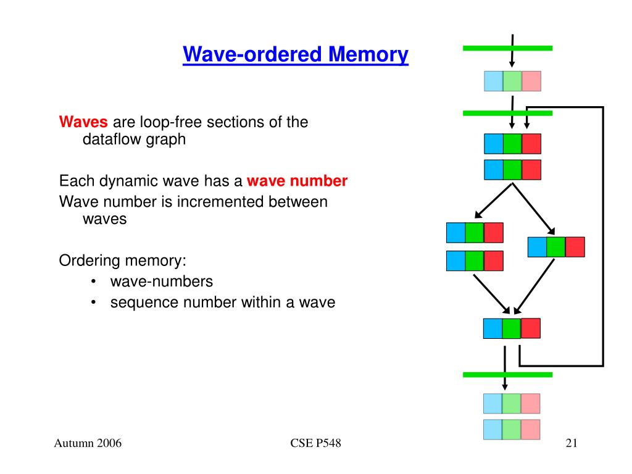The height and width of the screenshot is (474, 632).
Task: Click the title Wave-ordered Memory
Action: [296, 54]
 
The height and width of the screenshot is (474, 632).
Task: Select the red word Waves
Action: [83, 122]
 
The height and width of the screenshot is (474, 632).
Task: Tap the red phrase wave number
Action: [297, 181]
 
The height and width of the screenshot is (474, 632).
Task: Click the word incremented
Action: [220, 202]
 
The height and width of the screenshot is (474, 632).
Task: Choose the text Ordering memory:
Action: [123, 260]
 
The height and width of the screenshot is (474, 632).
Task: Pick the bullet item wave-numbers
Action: [162, 281]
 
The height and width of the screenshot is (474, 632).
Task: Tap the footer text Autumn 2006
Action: [88, 443]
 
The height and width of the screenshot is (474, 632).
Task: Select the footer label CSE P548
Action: [315, 443]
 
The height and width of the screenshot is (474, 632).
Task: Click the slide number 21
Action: [572, 443]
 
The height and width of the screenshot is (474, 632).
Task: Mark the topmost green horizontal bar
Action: [507, 48]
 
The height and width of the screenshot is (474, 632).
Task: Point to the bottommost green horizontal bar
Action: [507, 375]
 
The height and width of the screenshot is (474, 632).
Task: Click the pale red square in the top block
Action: [531, 81]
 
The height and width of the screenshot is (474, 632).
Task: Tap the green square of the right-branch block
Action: [556, 247]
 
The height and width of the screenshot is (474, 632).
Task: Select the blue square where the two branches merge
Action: [493, 328]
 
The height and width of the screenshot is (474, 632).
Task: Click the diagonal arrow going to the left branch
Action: [493, 201]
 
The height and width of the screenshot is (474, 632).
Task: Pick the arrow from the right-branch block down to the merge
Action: [534, 286]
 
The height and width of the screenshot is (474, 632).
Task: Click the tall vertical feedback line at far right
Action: [603, 236]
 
